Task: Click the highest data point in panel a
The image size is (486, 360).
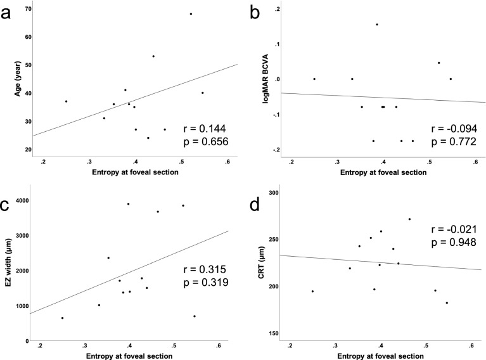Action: point(191,14)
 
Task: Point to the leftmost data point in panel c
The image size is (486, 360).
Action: point(62,318)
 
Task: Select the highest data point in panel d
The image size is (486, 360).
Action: point(409,219)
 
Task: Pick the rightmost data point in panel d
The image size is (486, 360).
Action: point(447,303)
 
